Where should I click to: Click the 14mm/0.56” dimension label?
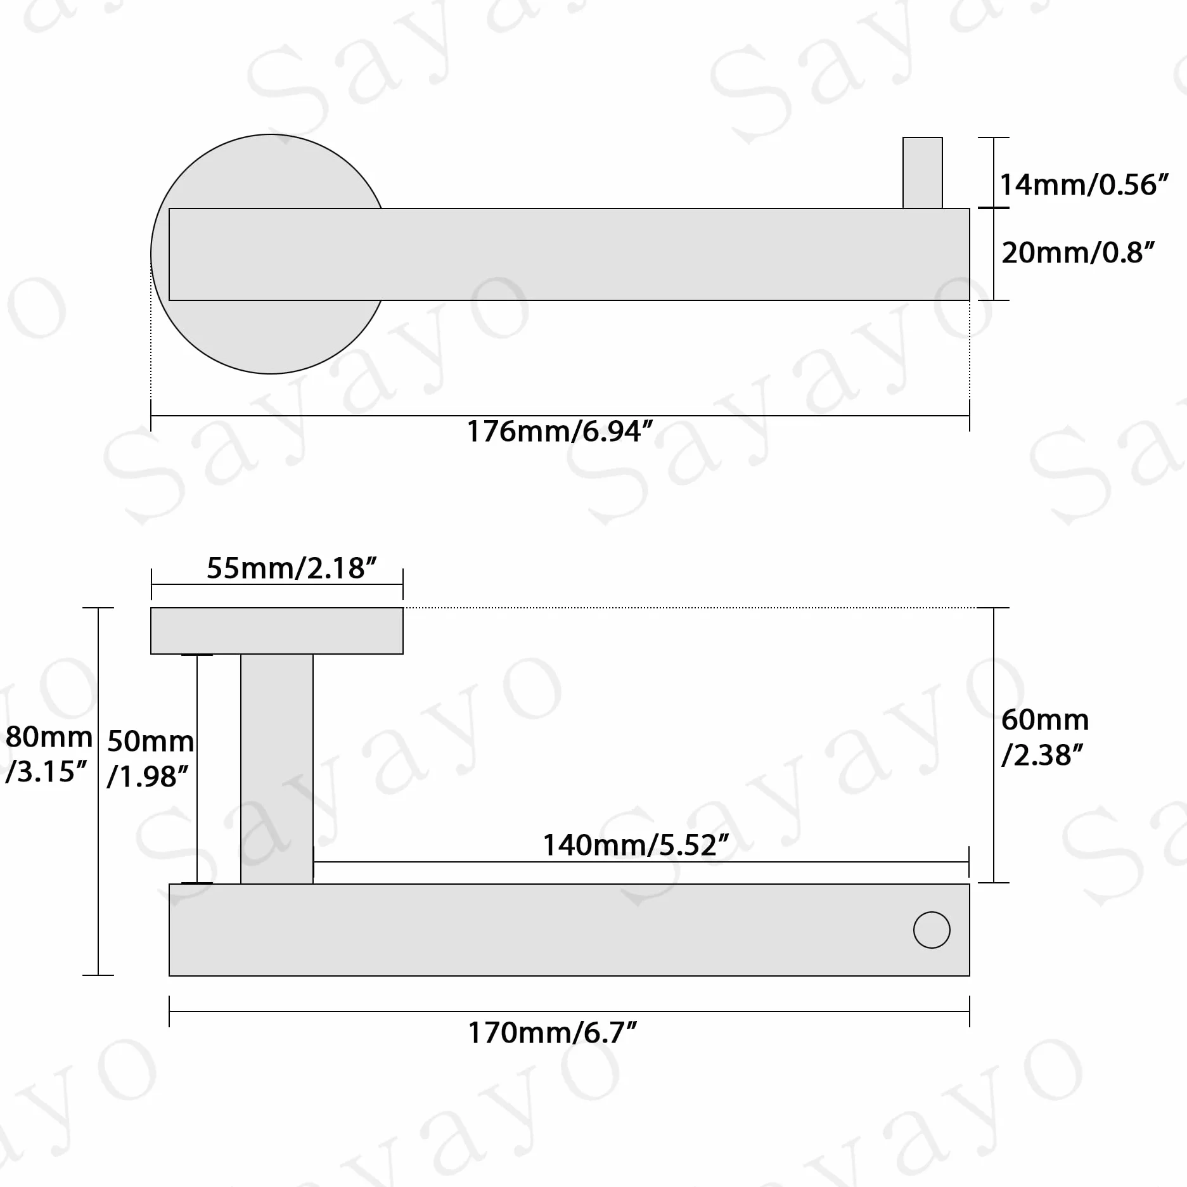pos(1084,185)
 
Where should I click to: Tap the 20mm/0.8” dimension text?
pos(1078,253)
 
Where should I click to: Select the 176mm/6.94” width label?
pos(560,432)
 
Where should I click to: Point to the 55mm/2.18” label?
pos(292,568)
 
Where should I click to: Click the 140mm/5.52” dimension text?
pos(636,845)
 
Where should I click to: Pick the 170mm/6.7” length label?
pos(552,1032)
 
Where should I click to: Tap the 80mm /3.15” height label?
pos(48,754)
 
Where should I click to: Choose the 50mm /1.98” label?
pos(150,759)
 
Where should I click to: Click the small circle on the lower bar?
pos(932,930)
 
